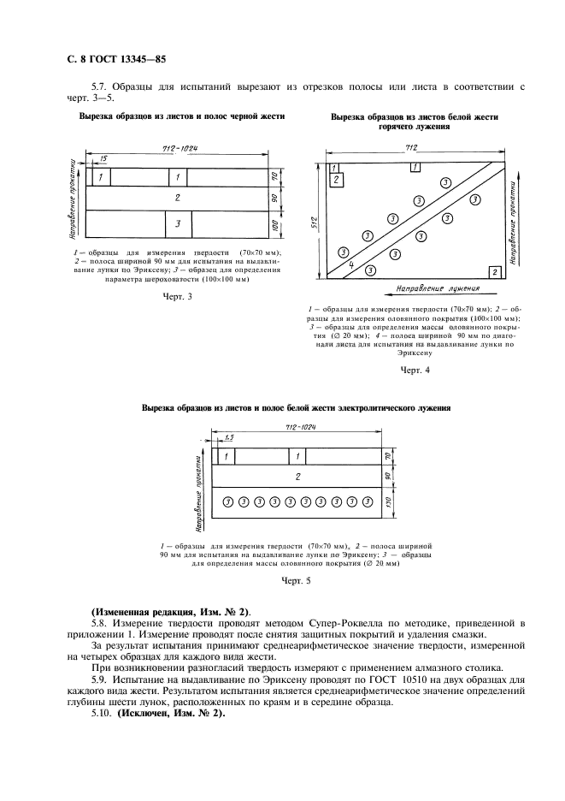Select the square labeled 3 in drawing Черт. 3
(177, 224)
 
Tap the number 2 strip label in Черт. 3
(177, 198)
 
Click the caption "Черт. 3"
(177, 296)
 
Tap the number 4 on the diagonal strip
(351, 264)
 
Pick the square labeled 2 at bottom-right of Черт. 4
(495, 271)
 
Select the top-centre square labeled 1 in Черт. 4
(415, 167)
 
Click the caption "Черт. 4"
(415, 370)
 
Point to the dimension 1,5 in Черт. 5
(229, 437)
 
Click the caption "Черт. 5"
(297, 581)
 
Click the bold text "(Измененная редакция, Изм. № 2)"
(170, 612)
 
